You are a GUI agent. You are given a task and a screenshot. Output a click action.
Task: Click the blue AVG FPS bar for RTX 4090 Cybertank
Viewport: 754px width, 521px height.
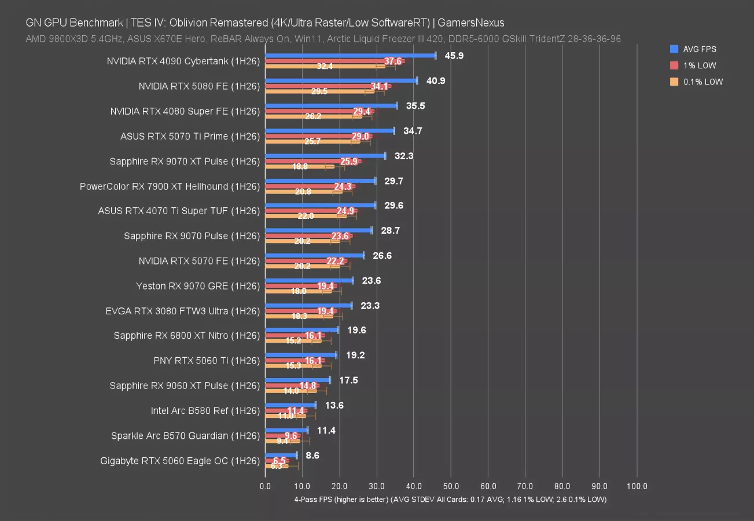coord(350,56)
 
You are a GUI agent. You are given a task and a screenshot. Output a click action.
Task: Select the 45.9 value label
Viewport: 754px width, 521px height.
coord(453,56)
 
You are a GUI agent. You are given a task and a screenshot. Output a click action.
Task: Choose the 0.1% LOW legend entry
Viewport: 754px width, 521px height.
coord(699,82)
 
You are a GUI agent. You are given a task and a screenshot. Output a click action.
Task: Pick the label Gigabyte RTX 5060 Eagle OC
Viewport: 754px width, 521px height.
coord(180,461)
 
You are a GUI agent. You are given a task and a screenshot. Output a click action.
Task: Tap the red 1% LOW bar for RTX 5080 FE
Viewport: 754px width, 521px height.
coord(327,86)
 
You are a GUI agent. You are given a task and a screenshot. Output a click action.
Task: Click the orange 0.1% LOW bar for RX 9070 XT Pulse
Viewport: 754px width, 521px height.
coord(299,166)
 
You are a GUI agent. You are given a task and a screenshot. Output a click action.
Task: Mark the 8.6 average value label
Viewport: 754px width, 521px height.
coord(312,456)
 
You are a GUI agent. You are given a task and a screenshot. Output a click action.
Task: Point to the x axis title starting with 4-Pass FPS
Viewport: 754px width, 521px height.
coord(450,499)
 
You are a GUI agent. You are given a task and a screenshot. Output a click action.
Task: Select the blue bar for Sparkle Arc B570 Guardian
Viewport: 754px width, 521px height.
coord(286,430)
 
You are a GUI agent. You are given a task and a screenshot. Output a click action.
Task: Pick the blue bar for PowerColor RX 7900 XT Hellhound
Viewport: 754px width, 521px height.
coord(320,181)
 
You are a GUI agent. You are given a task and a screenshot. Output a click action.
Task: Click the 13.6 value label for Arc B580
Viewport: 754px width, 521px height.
coord(334,405)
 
